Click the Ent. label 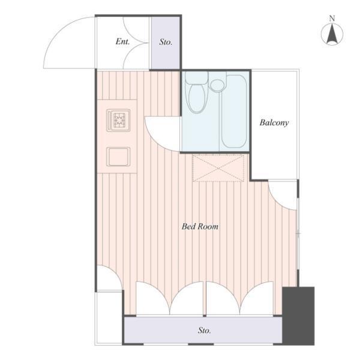point(122,42)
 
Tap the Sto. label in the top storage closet point(166,42)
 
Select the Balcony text point(274,122)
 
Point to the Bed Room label point(200,227)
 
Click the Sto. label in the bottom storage point(205,331)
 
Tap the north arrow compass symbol point(332,34)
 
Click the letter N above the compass point(332,19)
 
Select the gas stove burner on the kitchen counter point(118,120)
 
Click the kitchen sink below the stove point(118,157)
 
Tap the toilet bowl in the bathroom point(197,99)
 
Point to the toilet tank point(197,77)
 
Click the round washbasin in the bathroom point(217,85)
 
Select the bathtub point(234,112)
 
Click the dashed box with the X point(218,168)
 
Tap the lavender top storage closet point(166,43)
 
